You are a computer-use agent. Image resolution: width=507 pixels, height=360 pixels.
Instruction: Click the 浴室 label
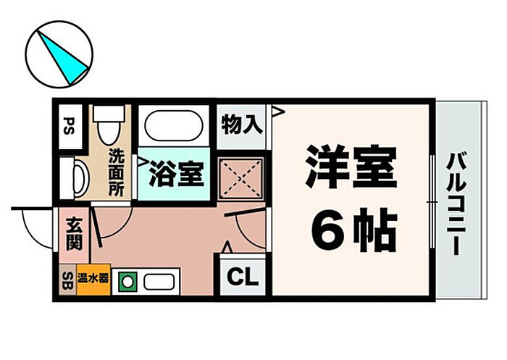[174, 173]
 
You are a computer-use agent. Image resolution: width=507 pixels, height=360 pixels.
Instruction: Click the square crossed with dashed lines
[240, 177]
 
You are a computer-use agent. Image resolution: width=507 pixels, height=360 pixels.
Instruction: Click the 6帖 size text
[353, 230]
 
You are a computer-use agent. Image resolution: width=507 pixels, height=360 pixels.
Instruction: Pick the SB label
[67, 280]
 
